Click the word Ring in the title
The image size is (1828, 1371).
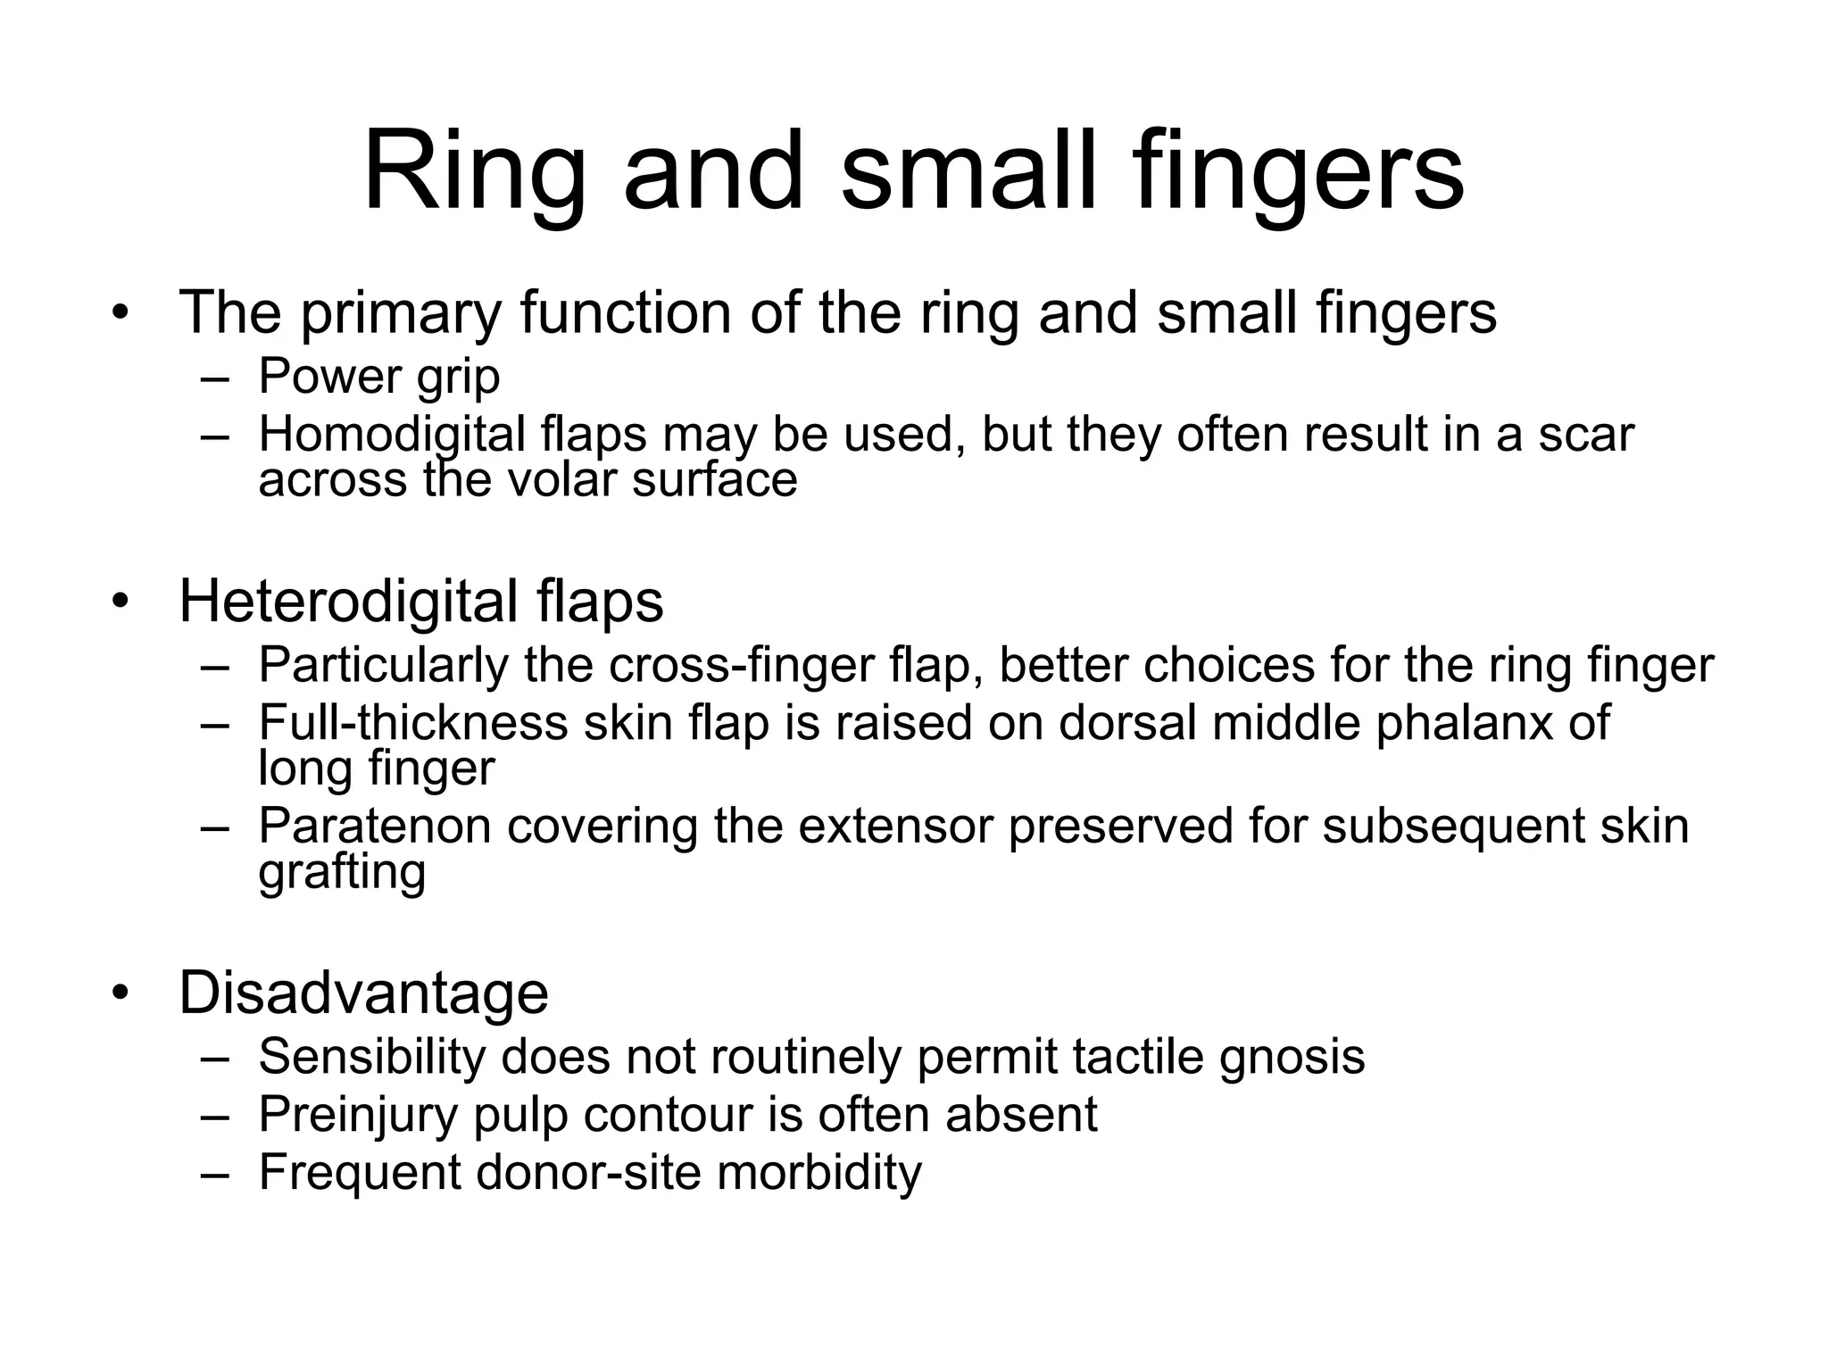click(472, 171)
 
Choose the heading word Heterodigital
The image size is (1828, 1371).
click(348, 601)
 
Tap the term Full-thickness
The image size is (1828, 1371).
click(413, 722)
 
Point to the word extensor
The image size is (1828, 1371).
click(895, 826)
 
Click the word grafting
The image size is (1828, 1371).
click(342, 872)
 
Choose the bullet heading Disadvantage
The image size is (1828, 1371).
click(363, 993)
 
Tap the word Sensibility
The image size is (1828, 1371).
click(371, 1057)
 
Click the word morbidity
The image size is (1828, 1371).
click(818, 1172)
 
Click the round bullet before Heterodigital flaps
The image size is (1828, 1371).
click(121, 602)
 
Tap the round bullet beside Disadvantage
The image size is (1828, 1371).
click(121, 993)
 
